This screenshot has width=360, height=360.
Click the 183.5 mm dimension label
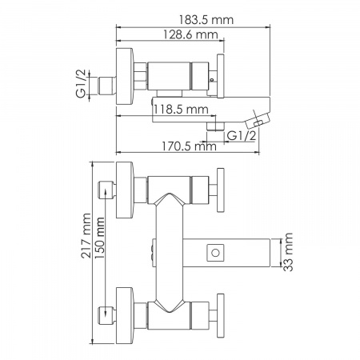[x=206, y=20]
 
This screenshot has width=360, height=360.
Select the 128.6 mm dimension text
[x=190, y=34]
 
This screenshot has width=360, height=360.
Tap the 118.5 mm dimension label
[x=181, y=110]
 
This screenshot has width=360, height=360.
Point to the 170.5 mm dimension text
[x=189, y=146]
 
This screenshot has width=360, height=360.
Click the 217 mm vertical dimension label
[x=86, y=236]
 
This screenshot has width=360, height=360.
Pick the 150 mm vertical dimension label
[x=100, y=238]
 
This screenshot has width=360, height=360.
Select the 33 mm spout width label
[x=288, y=252]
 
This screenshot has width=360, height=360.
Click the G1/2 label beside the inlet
[x=81, y=83]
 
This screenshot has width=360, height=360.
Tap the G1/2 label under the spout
[x=242, y=136]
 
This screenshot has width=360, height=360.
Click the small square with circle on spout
[x=215, y=253]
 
